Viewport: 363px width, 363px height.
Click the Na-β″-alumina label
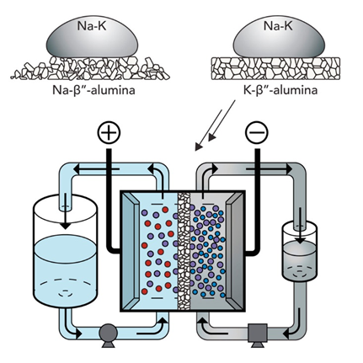pos(93,90)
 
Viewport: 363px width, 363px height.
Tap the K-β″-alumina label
pos(280,90)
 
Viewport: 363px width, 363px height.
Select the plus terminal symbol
pos(109,132)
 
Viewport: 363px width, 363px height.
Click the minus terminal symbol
pos(257,132)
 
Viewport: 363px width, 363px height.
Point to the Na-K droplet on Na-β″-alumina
pos(93,36)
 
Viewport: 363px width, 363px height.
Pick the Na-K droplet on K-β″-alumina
pos(279,36)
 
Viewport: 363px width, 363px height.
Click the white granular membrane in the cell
pos(184,251)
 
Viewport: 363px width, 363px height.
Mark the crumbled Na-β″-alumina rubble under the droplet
pos(90,68)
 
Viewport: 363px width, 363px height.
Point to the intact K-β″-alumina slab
pos(275,68)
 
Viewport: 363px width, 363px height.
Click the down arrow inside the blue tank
pos(66,212)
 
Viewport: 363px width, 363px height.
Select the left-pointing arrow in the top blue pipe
pos(96,168)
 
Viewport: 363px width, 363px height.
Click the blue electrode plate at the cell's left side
pos(130,251)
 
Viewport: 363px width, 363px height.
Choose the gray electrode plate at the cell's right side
pos(234,251)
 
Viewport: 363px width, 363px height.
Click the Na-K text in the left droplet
pos(92,25)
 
